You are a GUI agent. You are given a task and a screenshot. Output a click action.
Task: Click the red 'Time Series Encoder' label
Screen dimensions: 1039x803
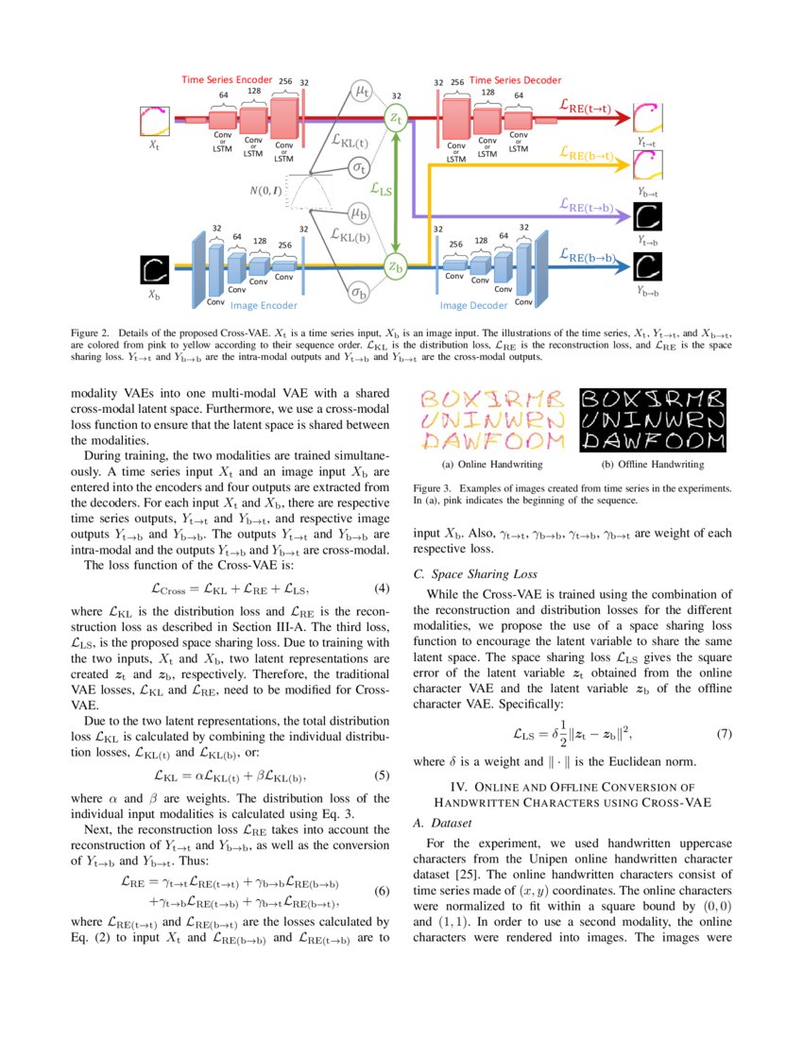pos(228,79)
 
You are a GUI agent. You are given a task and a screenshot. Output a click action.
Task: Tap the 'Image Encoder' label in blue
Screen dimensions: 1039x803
pos(264,306)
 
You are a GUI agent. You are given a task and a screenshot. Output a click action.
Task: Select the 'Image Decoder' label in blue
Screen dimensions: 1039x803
pos(473,306)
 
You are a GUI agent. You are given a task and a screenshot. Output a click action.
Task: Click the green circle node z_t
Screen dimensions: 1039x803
pos(396,116)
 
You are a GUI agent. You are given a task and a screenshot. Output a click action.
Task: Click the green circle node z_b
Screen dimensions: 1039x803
pos(396,267)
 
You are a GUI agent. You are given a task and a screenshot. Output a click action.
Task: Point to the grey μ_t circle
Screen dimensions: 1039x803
pos(361,91)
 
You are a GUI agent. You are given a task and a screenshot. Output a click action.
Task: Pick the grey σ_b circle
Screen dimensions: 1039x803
pos(359,293)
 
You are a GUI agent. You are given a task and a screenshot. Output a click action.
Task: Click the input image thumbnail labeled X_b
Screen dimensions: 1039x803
pos(154,270)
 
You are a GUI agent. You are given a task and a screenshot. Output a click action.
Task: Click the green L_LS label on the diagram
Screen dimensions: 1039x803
pos(381,190)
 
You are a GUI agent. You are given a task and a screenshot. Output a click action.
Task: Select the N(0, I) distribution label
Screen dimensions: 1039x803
pos(265,191)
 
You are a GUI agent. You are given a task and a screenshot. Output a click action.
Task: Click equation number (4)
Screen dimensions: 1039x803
pos(383,588)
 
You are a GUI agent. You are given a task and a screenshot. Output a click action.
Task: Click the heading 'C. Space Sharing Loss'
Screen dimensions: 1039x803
pos(475,573)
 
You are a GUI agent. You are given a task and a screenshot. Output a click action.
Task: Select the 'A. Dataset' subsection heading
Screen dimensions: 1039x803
pos(443,823)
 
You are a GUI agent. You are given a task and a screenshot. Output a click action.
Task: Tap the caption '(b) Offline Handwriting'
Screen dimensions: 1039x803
pos(653,465)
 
